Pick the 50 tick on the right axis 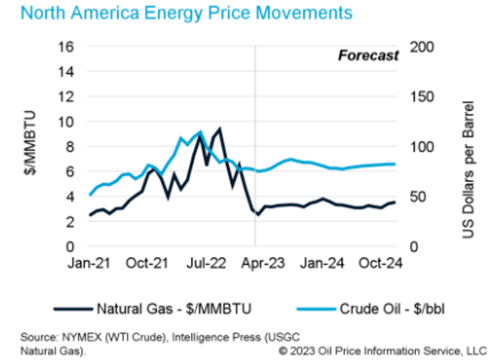coord(420,196)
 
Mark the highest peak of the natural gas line coord(220,128)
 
